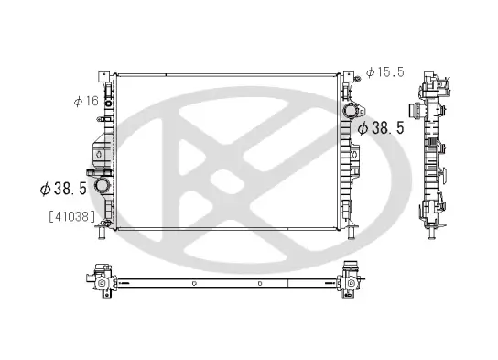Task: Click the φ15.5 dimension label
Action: (x=384, y=71)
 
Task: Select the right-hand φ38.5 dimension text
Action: (x=381, y=129)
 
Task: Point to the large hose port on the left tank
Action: (x=107, y=187)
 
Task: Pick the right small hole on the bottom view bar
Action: (x=260, y=284)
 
